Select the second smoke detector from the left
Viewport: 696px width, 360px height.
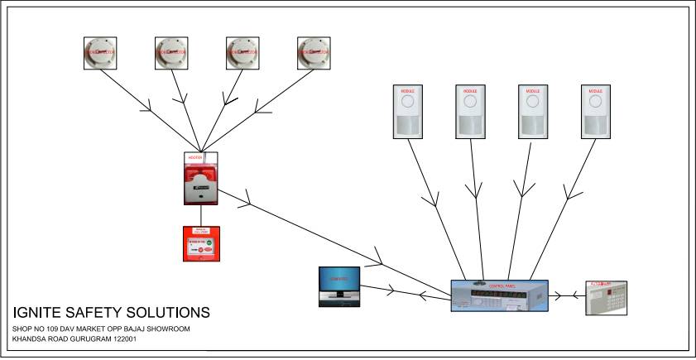click(x=174, y=52)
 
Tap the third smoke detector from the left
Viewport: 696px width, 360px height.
click(x=245, y=52)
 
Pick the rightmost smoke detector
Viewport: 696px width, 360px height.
click(x=315, y=52)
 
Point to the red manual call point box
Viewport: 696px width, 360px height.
click(x=200, y=243)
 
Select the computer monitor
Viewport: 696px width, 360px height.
click(x=339, y=285)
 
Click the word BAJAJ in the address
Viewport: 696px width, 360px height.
click(x=130, y=329)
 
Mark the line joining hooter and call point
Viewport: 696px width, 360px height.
click(x=200, y=214)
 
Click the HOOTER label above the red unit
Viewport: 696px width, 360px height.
click(x=196, y=156)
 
